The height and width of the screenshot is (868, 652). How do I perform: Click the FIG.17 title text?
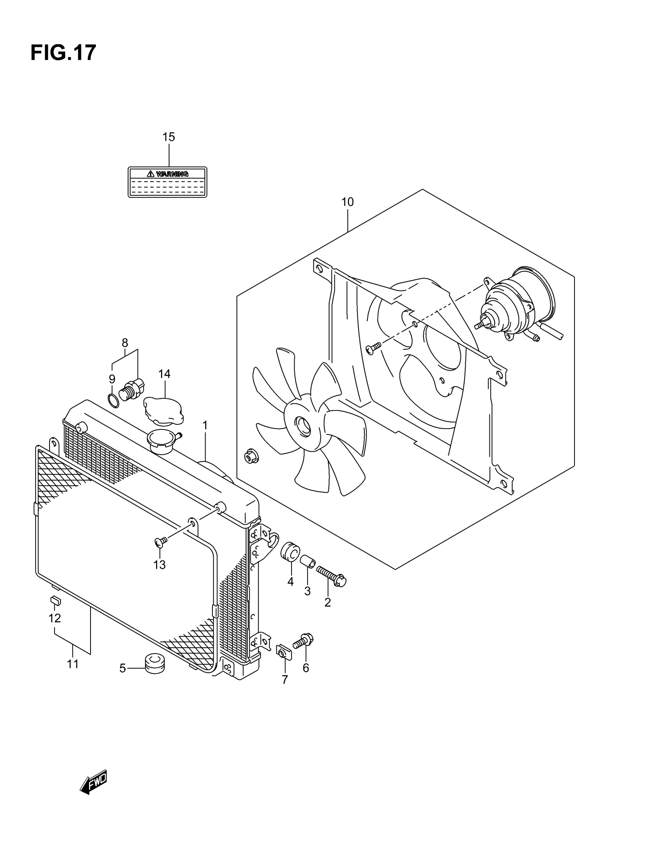click(x=63, y=53)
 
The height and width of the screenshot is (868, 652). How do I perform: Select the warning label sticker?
click(x=167, y=182)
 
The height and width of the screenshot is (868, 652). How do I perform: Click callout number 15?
click(x=168, y=137)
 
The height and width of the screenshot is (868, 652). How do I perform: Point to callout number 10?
click(x=347, y=202)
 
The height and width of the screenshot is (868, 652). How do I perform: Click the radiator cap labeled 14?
click(x=164, y=411)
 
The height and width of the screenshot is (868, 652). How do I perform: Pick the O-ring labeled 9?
click(x=113, y=401)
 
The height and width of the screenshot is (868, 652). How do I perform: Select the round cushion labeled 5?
click(x=155, y=662)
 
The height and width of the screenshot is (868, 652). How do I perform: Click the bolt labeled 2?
click(x=331, y=576)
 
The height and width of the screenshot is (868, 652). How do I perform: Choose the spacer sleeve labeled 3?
click(x=307, y=561)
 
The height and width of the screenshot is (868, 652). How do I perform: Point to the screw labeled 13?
click(x=161, y=542)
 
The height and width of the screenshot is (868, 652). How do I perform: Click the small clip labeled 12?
click(x=56, y=601)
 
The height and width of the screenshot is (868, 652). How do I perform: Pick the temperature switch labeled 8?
click(x=132, y=389)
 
